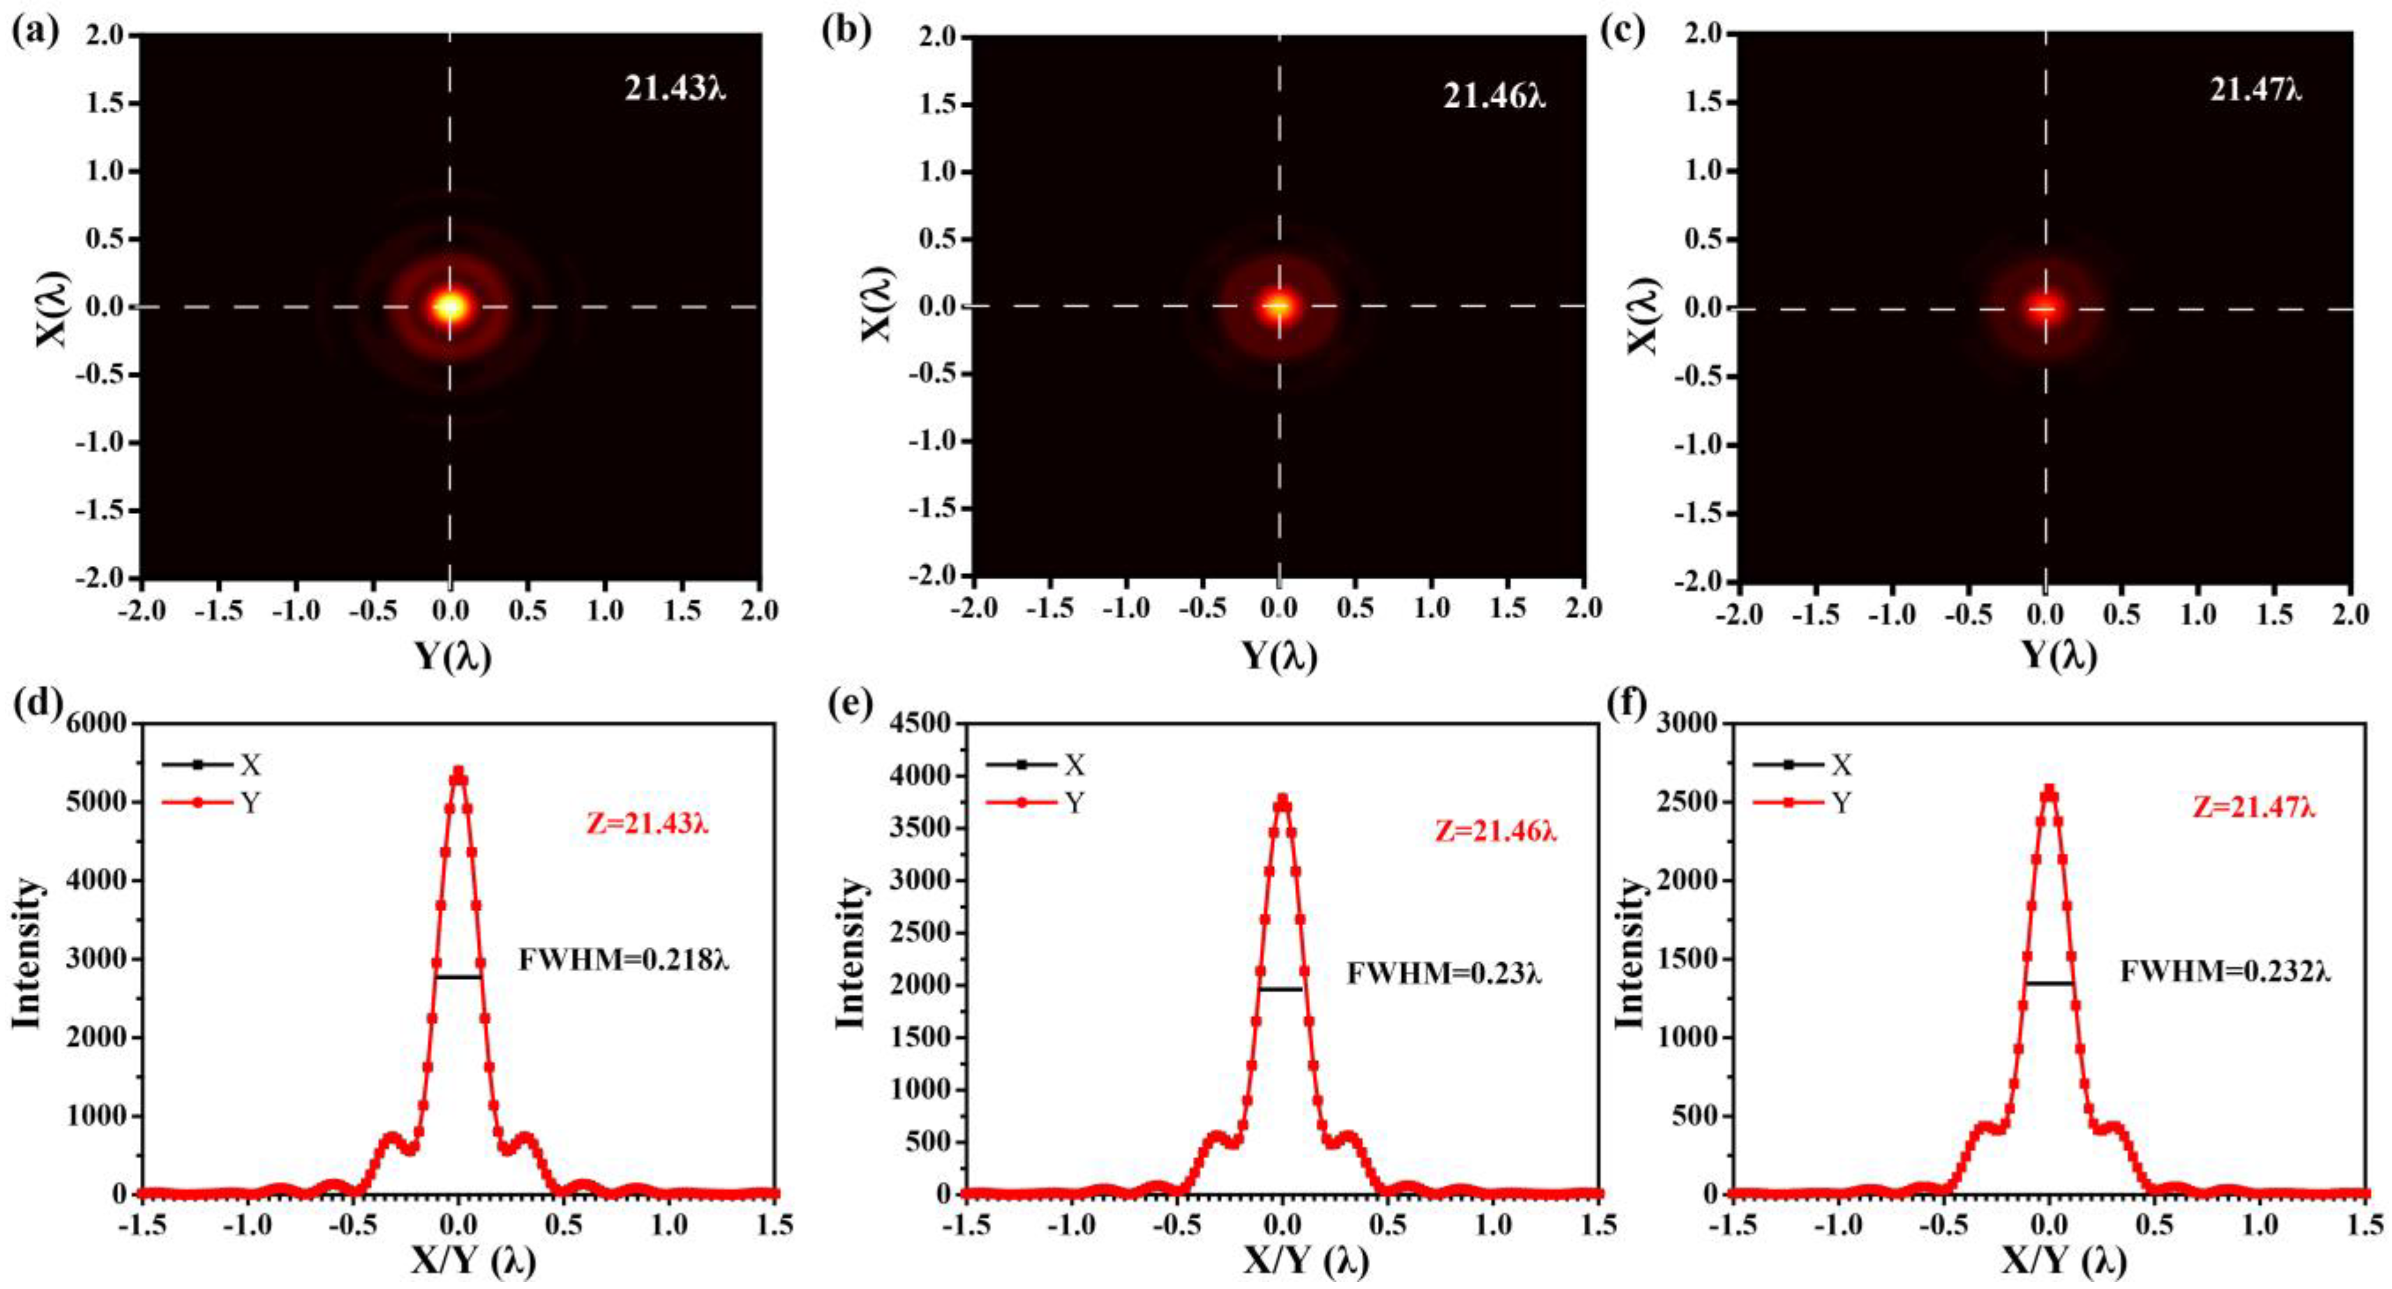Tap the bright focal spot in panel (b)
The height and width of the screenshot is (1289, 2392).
(x=1278, y=306)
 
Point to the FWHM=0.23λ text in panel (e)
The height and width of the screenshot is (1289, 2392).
(x=1444, y=974)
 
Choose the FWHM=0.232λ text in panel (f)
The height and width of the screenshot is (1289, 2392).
(x=2225, y=971)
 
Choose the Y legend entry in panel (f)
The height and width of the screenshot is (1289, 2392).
(x=1840, y=803)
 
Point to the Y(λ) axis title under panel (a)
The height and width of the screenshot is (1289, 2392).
(x=452, y=657)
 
